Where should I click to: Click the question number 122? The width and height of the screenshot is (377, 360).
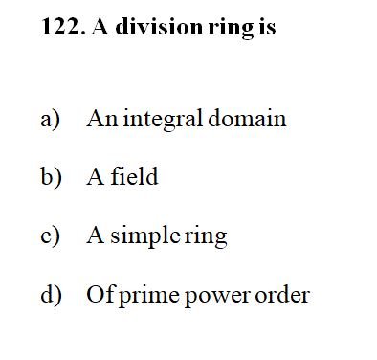point(63,27)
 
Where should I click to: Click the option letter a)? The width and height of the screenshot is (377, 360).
point(51,120)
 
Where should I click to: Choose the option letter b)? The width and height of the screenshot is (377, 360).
point(51,176)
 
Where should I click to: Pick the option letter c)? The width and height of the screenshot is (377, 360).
point(50,236)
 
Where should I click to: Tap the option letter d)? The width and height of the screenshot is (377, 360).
point(51,295)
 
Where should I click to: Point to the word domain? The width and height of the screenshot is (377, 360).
point(247,118)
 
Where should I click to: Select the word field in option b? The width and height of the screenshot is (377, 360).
point(134,175)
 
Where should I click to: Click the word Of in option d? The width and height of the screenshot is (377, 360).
point(100,294)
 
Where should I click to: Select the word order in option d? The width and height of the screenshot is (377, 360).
point(282,294)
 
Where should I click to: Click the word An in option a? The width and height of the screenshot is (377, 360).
point(102,119)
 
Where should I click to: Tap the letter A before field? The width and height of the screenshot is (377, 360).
point(96,176)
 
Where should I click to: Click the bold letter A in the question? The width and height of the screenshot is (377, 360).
point(100,26)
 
